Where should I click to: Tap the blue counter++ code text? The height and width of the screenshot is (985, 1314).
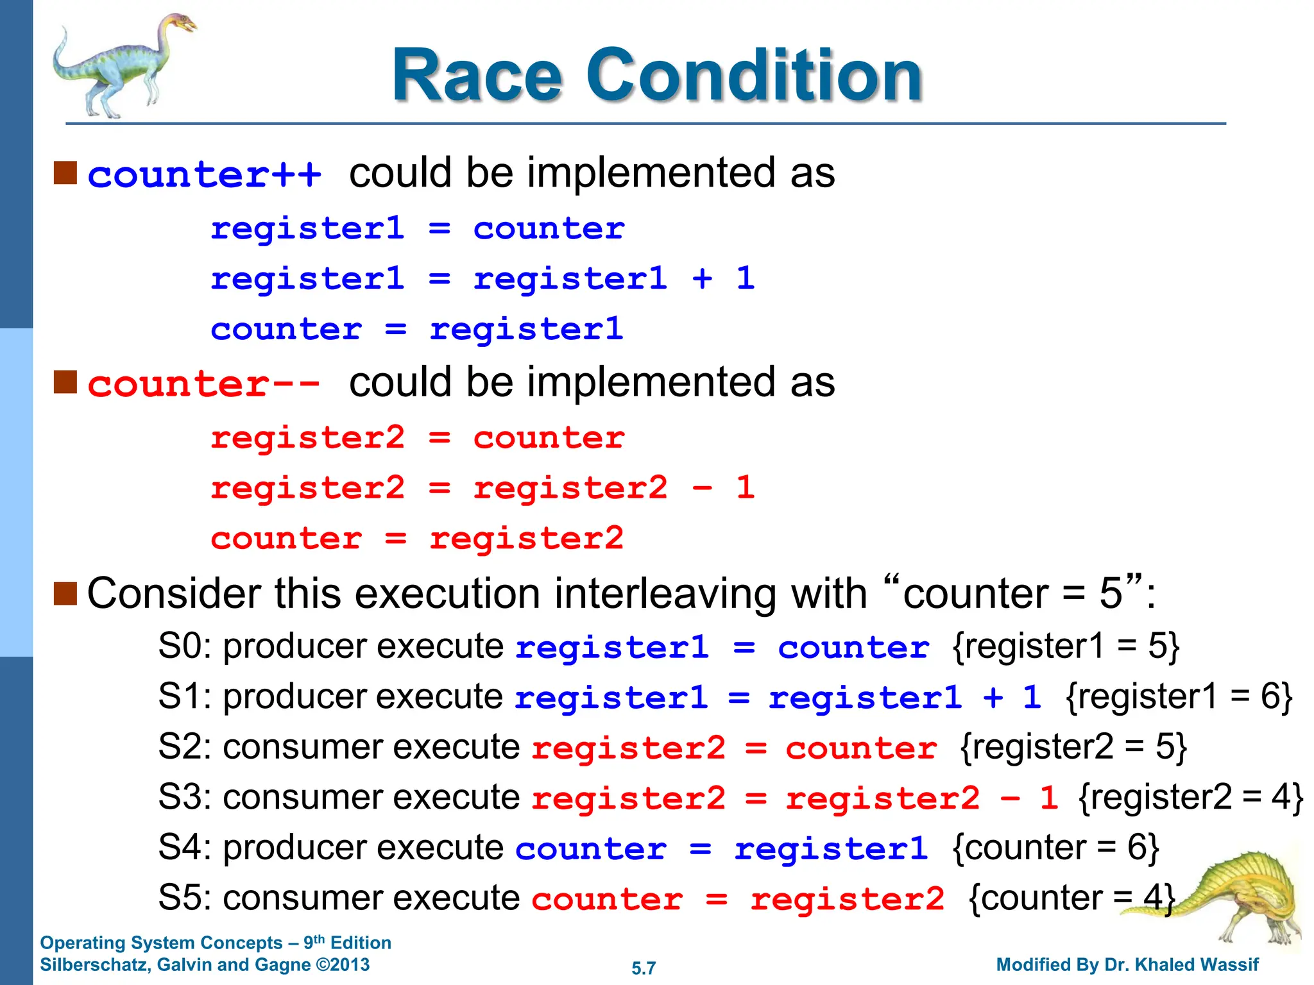pos(204,175)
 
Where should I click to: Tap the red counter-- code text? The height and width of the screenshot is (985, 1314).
pos(204,384)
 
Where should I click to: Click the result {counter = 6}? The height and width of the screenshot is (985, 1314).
pos(1056,848)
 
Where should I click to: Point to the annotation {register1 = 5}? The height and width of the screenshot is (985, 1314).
pos(1066,646)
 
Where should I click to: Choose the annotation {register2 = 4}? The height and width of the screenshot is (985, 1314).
pos(1191,798)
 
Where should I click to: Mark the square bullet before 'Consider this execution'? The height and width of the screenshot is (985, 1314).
pos(65,593)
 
